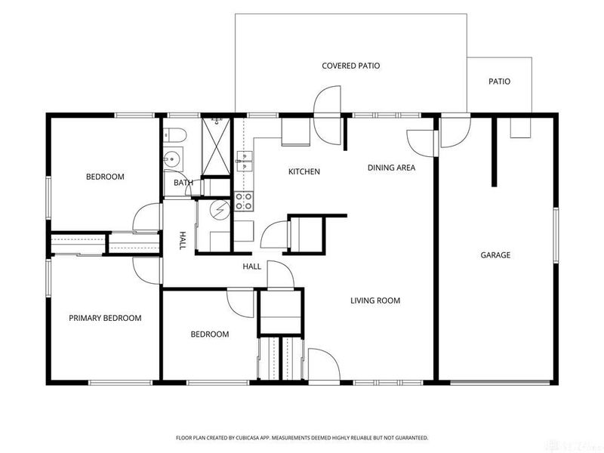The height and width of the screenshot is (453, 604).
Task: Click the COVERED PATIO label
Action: click(x=350, y=66)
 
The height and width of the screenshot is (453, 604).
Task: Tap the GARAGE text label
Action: click(x=495, y=255)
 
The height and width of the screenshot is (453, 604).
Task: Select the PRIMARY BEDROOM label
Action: click(x=105, y=318)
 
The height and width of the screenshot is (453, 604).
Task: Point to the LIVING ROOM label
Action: click(x=375, y=300)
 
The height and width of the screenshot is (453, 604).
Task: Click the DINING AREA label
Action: click(x=391, y=168)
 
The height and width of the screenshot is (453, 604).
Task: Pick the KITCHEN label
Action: click(x=304, y=171)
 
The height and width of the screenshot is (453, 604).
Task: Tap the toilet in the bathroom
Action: click(x=175, y=135)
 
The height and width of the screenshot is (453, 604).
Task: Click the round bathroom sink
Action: click(x=170, y=158)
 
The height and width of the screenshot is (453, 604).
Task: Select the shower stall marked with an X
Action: click(x=216, y=146)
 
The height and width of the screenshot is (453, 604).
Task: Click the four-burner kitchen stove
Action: click(x=244, y=201)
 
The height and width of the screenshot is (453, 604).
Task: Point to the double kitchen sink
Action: click(x=244, y=161)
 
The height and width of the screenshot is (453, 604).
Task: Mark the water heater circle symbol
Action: click(x=219, y=210)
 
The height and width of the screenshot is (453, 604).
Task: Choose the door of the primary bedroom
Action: click(x=146, y=270)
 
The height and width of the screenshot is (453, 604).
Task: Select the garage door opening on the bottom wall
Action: click(x=500, y=383)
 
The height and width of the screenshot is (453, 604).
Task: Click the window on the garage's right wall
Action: click(x=556, y=236)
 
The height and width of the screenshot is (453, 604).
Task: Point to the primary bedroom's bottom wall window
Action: click(x=121, y=383)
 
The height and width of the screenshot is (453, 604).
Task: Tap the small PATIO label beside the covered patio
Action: click(x=499, y=82)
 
